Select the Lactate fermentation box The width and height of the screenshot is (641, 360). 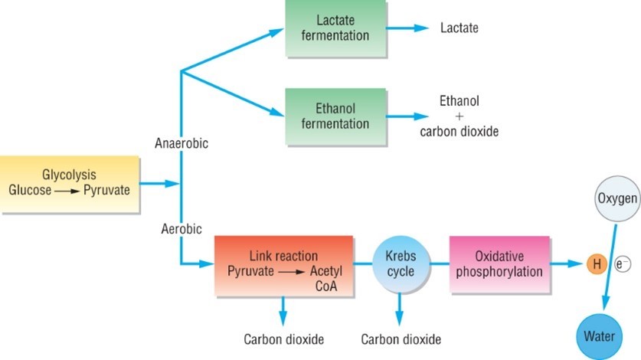pos(338,28)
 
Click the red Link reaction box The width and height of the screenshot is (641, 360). pos(283,265)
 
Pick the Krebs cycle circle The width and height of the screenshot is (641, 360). pos(401,265)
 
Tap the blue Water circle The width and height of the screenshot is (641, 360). pos(600,335)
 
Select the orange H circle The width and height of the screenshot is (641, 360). pos(595,265)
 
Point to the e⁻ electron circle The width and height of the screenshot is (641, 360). pos(621,265)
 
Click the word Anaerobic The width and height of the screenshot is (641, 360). pos(182,143)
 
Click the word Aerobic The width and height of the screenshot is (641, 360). pos(182,228)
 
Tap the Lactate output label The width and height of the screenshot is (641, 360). pos(459,28)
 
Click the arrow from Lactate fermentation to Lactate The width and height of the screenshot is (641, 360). pos(410,28)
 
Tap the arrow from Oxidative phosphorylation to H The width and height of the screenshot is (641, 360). pos(566,265)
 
